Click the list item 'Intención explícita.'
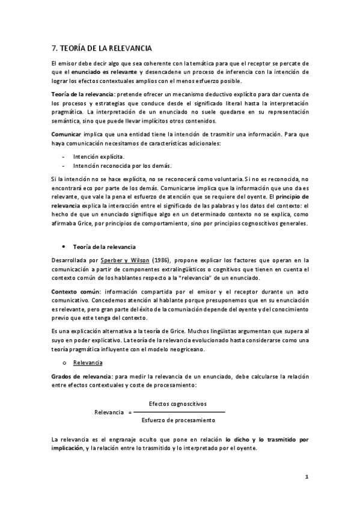pos(99,156)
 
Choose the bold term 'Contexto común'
pos(74,291)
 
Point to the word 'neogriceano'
pos(187,349)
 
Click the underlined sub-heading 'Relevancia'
pos(88,363)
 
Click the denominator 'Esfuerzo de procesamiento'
pos(178,419)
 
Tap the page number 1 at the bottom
pos(307,477)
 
